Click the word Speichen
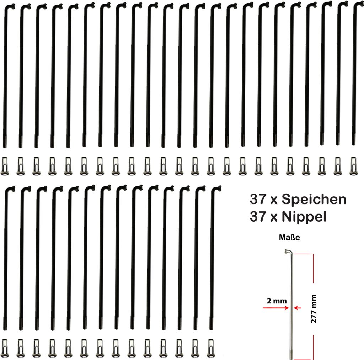point(314,200)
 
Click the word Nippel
point(304,217)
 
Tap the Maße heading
point(289,237)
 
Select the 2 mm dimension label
point(277,301)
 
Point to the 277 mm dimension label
point(314,309)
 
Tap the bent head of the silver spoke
point(289,251)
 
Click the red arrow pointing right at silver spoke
point(276,308)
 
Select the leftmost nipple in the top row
point(5,166)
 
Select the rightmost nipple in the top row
point(353,166)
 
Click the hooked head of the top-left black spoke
point(10,6)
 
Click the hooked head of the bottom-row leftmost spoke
point(10,189)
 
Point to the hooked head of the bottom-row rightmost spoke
point(216,188)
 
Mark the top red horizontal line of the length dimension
point(302,254)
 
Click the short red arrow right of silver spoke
point(297,308)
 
